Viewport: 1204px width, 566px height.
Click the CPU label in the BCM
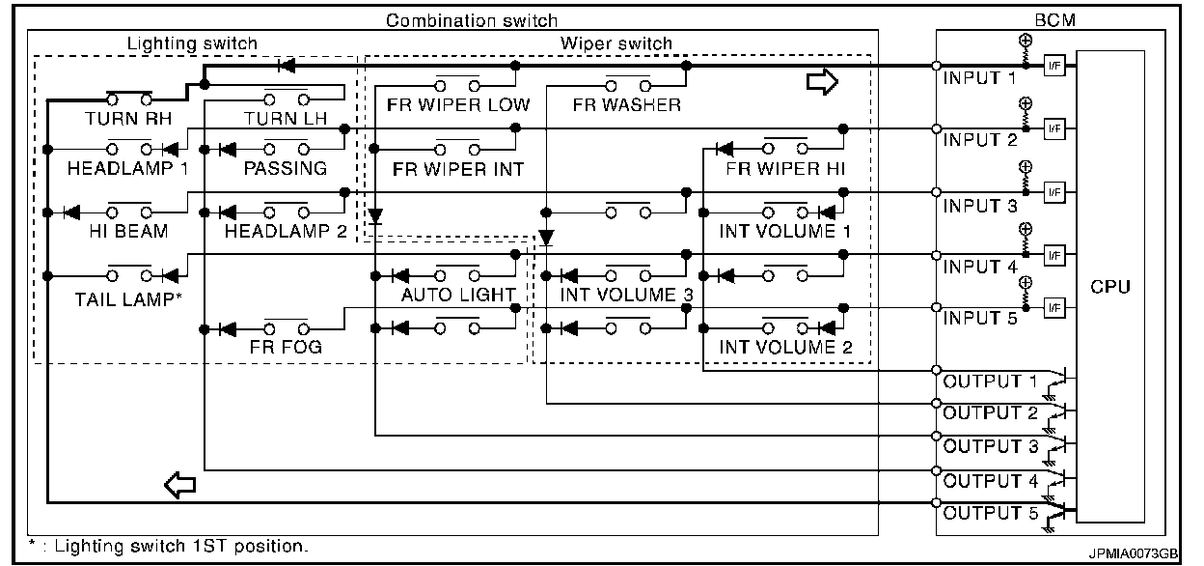[1110, 287]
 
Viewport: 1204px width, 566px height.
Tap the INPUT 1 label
[980, 78]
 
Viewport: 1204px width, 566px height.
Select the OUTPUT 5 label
[991, 513]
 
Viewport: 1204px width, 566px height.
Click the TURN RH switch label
[128, 119]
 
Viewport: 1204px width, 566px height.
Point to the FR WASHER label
[627, 105]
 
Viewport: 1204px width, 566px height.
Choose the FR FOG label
[286, 347]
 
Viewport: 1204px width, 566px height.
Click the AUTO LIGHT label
[458, 295]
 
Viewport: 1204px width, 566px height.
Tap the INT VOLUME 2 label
[786, 347]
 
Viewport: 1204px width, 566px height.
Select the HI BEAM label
[129, 232]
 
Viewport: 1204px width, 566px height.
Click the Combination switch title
[472, 20]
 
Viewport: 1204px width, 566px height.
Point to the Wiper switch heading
[616, 43]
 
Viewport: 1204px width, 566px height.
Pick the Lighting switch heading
[192, 43]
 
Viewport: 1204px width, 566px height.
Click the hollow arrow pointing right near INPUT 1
[822, 82]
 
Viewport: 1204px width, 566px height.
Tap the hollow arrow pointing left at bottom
[179, 485]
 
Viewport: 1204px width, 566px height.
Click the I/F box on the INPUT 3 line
[1054, 192]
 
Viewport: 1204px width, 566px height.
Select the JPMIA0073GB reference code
[1133, 553]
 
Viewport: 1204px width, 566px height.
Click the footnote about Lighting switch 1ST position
[168, 546]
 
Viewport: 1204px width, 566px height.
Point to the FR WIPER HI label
[785, 169]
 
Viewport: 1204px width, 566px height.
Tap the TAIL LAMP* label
[128, 299]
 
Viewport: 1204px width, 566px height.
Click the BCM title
[1055, 20]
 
